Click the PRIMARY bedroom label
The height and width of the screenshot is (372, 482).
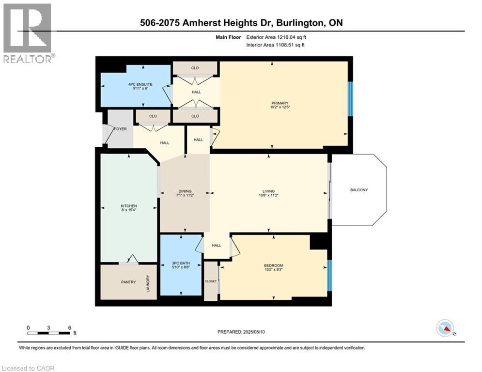(x=280, y=103)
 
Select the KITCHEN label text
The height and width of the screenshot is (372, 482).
(x=129, y=206)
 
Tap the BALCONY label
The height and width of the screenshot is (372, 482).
(x=358, y=190)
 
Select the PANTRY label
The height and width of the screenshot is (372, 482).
(x=128, y=282)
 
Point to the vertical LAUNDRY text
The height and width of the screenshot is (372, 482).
(x=148, y=284)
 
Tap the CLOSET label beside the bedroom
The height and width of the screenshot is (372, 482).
(x=211, y=281)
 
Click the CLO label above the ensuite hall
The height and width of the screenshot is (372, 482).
(x=195, y=68)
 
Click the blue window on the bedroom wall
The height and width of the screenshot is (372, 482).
(x=329, y=276)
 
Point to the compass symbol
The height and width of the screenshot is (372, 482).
(x=445, y=328)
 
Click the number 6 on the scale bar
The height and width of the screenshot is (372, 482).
(x=70, y=327)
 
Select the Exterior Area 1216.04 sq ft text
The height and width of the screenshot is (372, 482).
(x=276, y=37)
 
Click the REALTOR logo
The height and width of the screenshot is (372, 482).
(x=27, y=32)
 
